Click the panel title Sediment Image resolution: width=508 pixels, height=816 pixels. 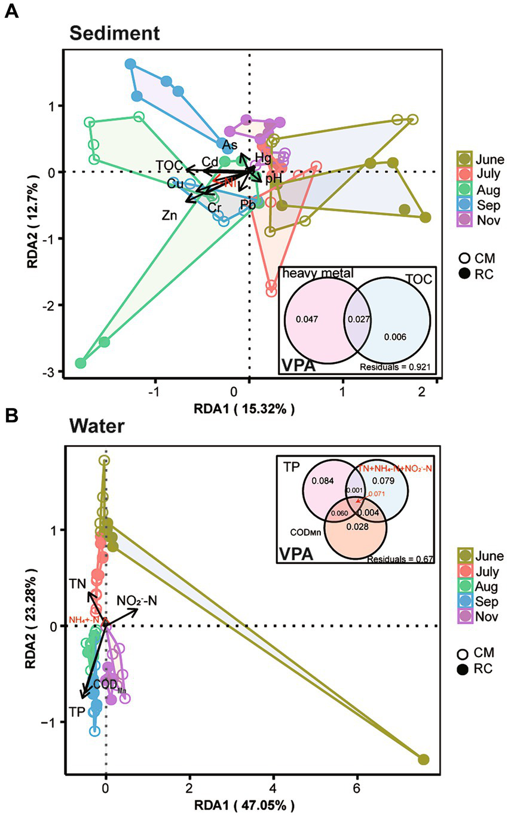[114, 33]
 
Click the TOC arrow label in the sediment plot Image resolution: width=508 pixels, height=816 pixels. [168, 165]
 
